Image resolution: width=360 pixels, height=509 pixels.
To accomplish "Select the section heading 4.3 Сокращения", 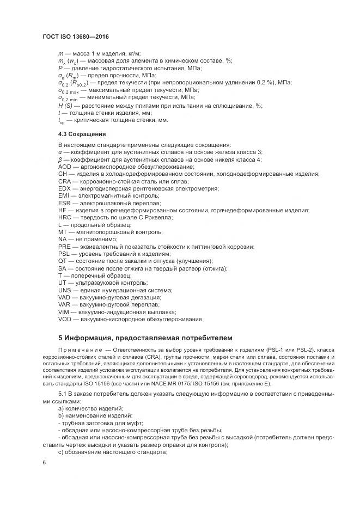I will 82,133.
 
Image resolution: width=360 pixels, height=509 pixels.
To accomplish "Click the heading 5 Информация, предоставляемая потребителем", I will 145,338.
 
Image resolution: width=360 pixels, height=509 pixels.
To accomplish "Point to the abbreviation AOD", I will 65,167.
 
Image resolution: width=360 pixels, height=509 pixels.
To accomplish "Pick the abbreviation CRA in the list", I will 65,181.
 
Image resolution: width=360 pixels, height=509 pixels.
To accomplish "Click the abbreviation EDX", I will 65,188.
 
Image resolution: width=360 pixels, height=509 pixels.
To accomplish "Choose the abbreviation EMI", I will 64,195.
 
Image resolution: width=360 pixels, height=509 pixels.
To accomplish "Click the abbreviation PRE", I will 65,247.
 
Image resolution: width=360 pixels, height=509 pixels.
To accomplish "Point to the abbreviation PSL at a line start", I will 64,254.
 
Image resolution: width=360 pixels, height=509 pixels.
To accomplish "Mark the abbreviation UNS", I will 65,290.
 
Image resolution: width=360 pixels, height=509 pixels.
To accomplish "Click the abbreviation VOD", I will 65,319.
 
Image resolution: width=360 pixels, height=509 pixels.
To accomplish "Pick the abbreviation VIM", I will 64,312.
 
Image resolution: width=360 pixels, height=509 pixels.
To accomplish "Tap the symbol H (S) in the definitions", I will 65,105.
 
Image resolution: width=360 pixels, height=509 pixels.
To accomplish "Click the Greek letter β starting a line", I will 60,160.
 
